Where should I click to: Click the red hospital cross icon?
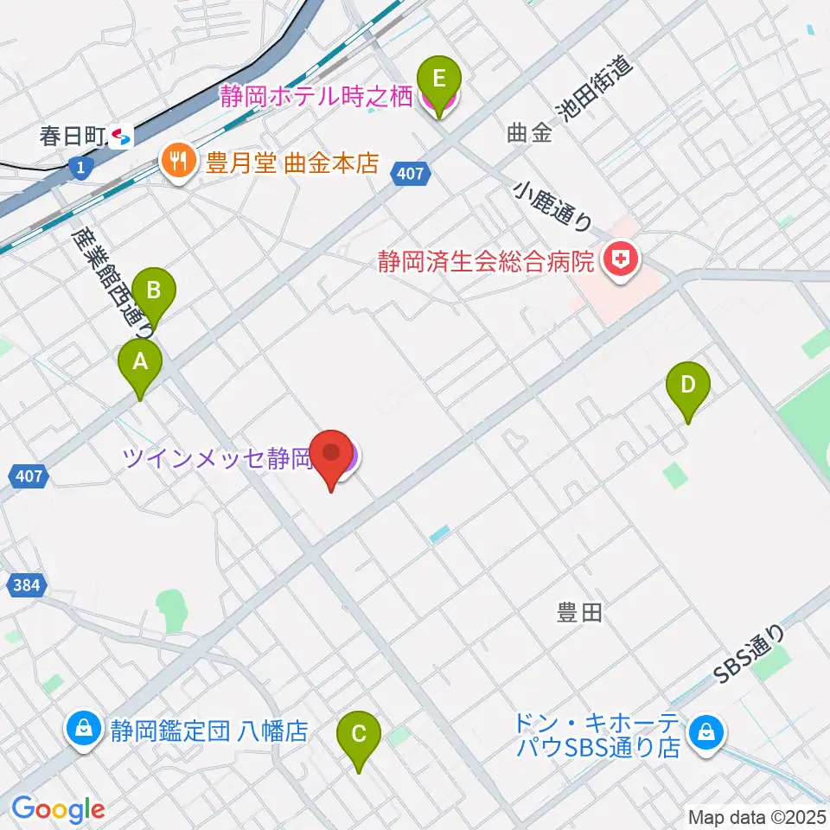click(x=619, y=259)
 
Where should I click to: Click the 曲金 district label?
click(x=529, y=133)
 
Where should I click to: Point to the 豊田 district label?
click(x=578, y=614)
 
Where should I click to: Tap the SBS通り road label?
click(x=751, y=656)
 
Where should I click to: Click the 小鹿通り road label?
click(x=554, y=205)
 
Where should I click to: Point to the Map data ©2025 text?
click(x=756, y=817)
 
